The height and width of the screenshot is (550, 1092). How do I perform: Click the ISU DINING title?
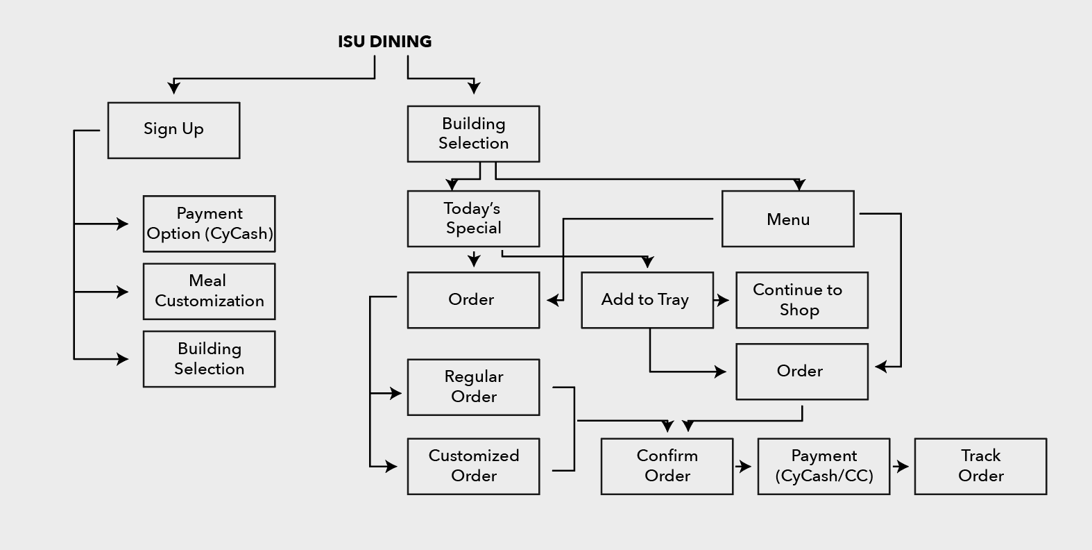tap(384, 42)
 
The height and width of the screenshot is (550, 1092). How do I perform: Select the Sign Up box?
tap(173, 131)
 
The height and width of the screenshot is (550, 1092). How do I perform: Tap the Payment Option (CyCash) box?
tap(209, 224)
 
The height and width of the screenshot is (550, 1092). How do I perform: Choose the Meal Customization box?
tap(209, 291)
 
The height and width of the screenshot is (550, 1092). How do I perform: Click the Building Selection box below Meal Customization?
tap(209, 359)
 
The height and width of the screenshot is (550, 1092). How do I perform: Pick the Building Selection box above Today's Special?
tap(473, 134)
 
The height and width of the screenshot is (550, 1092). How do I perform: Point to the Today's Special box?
tap(473, 219)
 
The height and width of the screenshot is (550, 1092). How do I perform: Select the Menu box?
tap(787, 219)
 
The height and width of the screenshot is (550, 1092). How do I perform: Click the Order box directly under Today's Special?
tap(473, 300)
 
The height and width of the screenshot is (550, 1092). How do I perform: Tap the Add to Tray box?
tap(647, 300)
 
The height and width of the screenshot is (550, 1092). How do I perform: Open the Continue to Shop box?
tap(801, 300)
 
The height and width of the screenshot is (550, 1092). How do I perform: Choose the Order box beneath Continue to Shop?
tap(801, 372)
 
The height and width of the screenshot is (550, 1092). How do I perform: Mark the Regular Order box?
tap(473, 387)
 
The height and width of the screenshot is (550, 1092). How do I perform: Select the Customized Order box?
tap(473, 466)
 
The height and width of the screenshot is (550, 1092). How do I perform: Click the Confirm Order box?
tap(667, 466)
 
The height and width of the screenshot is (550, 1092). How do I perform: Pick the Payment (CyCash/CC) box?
tap(824, 466)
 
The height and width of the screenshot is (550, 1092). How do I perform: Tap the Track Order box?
tap(980, 466)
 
